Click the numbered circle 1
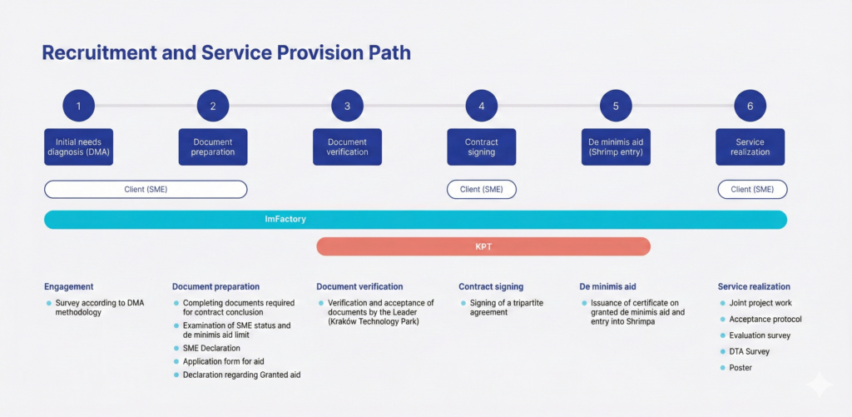(x=79, y=106)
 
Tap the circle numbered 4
(x=482, y=106)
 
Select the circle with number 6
(x=750, y=106)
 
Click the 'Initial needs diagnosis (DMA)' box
(x=79, y=146)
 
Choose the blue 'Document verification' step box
(x=348, y=146)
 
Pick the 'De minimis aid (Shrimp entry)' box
(x=617, y=146)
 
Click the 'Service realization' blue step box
(x=750, y=146)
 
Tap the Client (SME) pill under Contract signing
(x=482, y=189)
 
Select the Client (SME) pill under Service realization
(x=752, y=189)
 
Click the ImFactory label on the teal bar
(x=285, y=220)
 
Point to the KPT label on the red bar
(x=483, y=246)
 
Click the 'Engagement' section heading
(x=69, y=286)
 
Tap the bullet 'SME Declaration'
(x=211, y=348)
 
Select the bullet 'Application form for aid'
(x=222, y=361)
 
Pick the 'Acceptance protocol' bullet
(x=765, y=319)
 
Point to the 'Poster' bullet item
(x=741, y=367)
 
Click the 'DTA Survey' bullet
(x=749, y=351)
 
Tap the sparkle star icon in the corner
(x=819, y=385)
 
